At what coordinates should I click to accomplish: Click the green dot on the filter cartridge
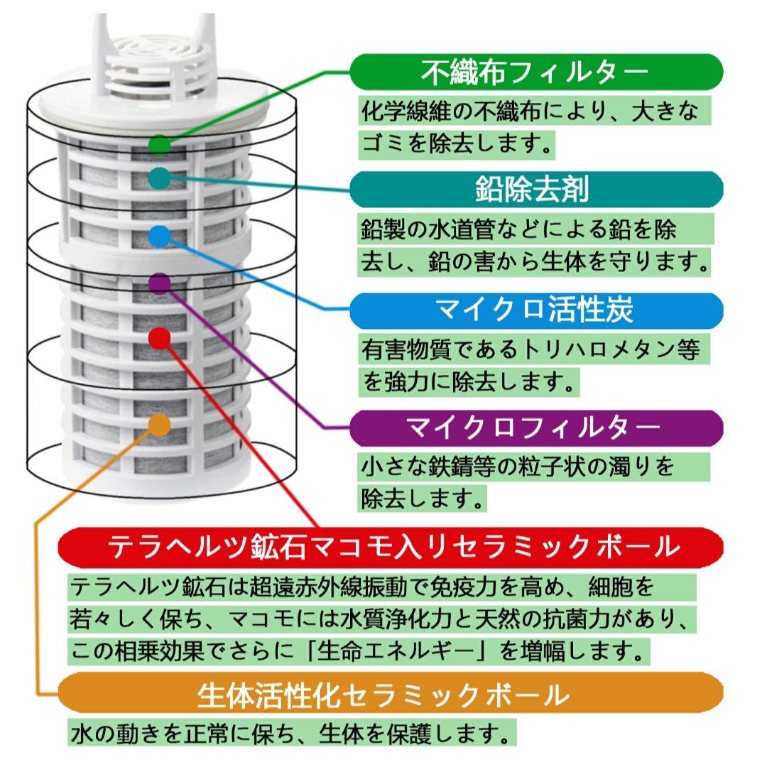[x=160, y=145]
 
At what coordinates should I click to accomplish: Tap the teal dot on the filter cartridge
[x=160, y=178]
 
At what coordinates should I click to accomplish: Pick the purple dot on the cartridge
[x=160, y=283]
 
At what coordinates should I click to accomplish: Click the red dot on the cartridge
[x=160, y=338]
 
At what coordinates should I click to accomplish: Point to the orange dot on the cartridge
[x=160, y=425]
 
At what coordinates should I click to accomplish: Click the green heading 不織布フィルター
[x=536, y=72]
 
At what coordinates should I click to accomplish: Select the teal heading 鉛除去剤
[x=536, y=189]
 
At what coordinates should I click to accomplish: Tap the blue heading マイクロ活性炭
[x=536, y=310]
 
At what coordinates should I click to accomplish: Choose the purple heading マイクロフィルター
[x=536, y=428]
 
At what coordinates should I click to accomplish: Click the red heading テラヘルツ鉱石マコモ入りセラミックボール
[x=391, y=546]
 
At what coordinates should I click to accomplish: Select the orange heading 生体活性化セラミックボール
[x=391, y=694]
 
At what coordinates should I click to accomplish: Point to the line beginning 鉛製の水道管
[x=518, y=229]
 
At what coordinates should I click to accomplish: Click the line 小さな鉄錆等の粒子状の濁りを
[x=518, y=467]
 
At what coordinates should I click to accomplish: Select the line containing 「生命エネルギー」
[x=359, y=649]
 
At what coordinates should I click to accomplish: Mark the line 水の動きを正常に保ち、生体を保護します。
[x=291, y=731]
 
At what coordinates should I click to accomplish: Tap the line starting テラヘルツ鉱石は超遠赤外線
[x=362, y=587]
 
